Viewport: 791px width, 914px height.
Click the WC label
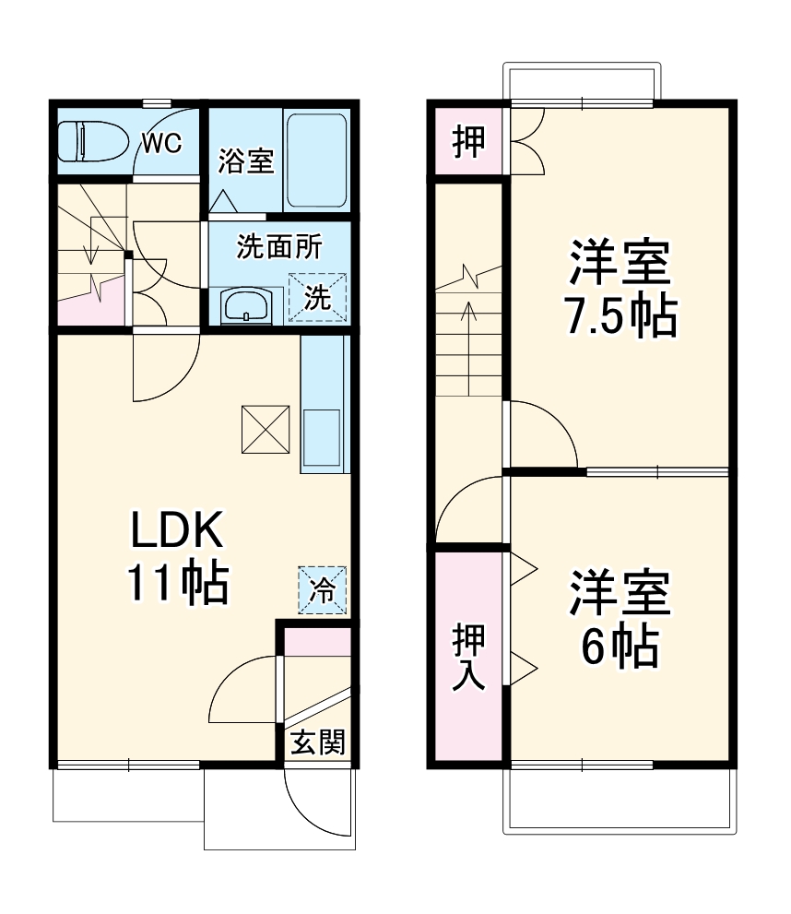tap(161, 143)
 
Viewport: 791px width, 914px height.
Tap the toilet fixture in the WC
tap(89, 143)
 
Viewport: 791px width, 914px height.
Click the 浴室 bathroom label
tap(246, 161)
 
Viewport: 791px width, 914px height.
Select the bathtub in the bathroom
tap(316, 160)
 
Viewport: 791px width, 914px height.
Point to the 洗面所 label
tap(279, 247)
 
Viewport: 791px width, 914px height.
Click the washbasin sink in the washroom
tap(246, 305)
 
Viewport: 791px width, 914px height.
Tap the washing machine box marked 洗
tap(317, 297)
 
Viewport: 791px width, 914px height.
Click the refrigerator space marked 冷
tap(323, 589)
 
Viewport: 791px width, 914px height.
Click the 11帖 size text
tap(177, 583)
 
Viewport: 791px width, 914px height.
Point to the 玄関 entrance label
tap(318, 743)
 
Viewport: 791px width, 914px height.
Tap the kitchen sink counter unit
tap(325, 406)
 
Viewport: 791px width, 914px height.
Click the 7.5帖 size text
tap(620, 316)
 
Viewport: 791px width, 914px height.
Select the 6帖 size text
tap(620, 647)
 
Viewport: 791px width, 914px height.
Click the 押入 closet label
tap(468, 658)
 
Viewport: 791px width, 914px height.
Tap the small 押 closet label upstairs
tap(469, 142)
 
